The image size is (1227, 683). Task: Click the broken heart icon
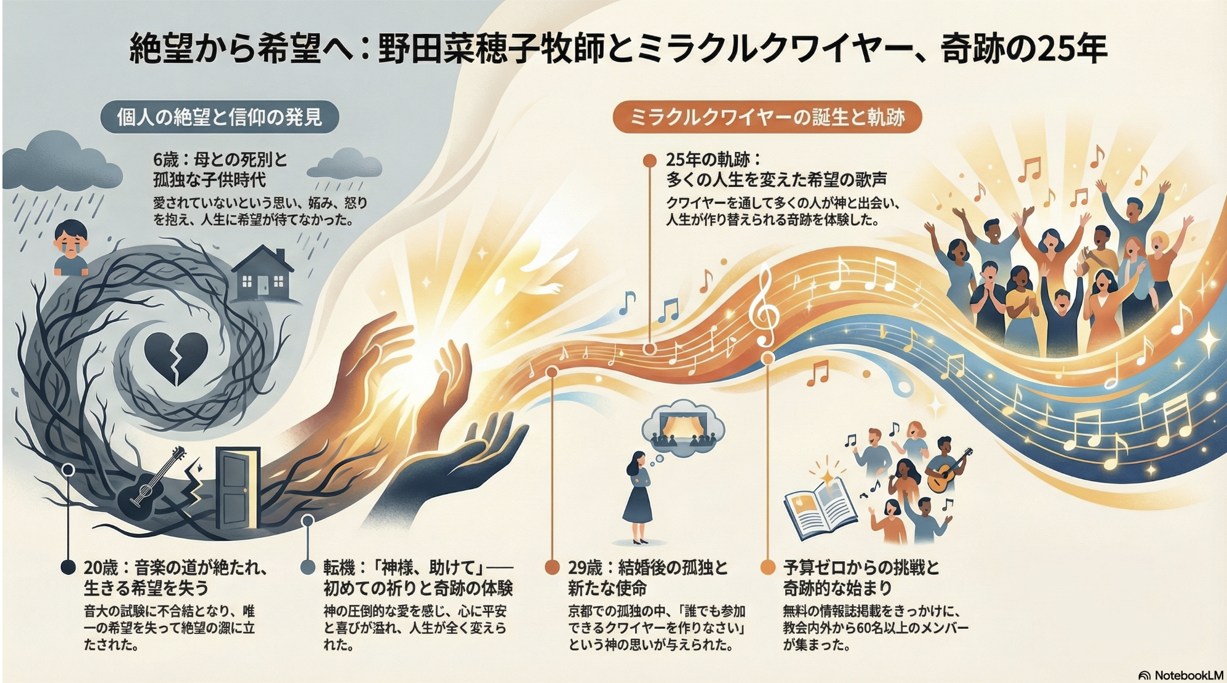(x=175, y=359)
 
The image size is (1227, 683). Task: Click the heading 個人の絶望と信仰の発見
(x=220, y=117)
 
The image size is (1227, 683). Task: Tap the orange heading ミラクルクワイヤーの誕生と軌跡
(x=767, y=117)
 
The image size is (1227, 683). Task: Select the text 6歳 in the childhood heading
(x=166, y=160)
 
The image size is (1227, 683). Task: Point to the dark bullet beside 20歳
(x=68, y=567)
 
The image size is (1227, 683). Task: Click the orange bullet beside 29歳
(x=552, y=567)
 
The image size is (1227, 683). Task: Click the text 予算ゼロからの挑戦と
(x=861, y=567)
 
